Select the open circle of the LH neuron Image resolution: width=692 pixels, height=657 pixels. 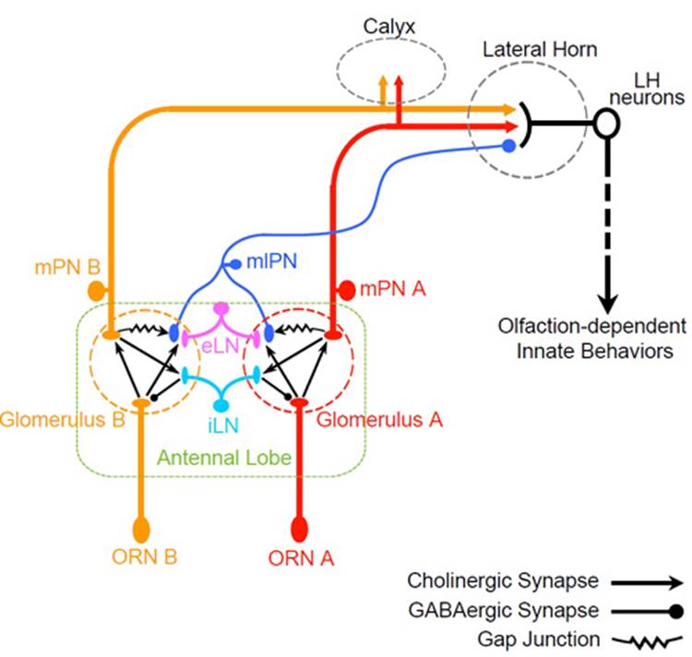click(x=605, y=124)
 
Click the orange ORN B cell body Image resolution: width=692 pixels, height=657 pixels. click(x=141, y=530)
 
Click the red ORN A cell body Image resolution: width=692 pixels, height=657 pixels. click(x=299, y=530)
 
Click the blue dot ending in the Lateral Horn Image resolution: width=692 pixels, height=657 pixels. click(x=508, y=146)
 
